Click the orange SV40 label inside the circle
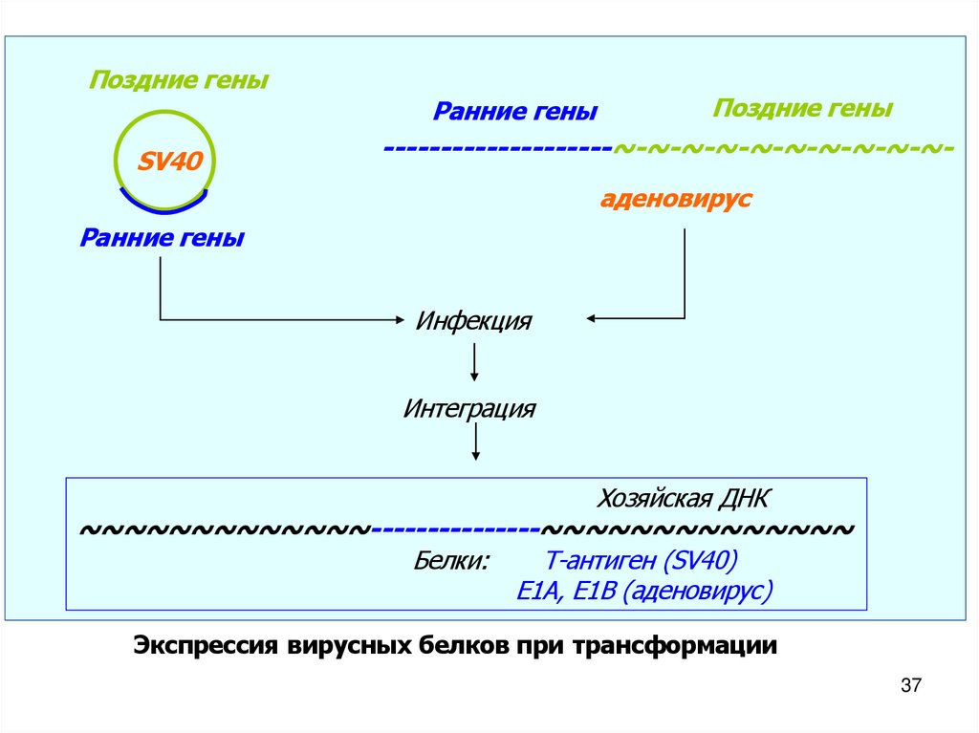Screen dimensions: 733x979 pos(169,161)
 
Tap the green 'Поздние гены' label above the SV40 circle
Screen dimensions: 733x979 pos(178,81)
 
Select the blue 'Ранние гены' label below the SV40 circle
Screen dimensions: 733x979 pos(162,238)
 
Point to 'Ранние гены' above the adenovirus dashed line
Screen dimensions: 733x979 pos(515,113)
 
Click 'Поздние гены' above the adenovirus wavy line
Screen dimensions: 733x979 pos(802,109)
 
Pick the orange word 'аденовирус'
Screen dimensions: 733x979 pos(676,200)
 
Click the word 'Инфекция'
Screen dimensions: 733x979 pos(473,320)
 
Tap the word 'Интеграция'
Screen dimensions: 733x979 pos(469,410)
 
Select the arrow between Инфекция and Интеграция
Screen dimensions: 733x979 pos(475,363)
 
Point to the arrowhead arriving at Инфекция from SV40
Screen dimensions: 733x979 pos(402,319)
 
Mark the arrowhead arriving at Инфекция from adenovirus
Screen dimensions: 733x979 pos(591,317)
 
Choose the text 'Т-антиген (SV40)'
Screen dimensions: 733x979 pos(641,561)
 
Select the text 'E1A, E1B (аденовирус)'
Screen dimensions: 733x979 pos(643,592)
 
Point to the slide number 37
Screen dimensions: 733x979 pos(910,686)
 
